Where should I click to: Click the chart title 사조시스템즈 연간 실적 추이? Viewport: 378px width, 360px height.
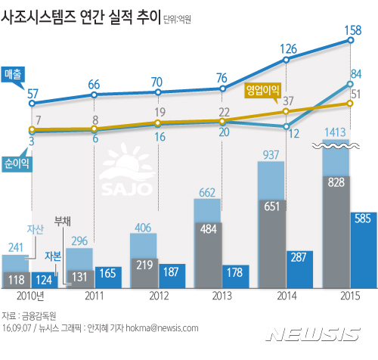[x=82, y=16]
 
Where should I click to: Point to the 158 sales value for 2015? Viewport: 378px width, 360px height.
[x=352, y=31]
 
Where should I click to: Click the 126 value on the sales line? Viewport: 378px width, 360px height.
[x=288, y=49]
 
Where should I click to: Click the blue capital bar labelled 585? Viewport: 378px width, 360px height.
[x=359, y=250]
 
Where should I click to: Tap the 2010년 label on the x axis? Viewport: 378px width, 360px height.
[x=33, y=297]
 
